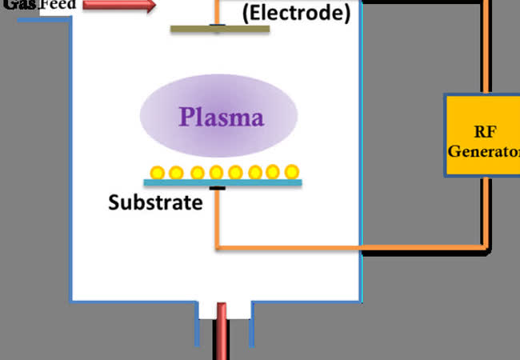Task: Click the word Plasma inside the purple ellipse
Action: tap(221, 118)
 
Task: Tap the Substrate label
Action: tap(155, 202)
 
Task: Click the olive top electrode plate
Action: tap(220, 30)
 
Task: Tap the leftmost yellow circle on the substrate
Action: tap(157, 172)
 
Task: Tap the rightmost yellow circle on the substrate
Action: tap(292, 171)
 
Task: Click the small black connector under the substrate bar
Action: tap(216, 189)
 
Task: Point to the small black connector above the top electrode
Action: tap(216, 24)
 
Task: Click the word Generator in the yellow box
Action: tap(482, 150)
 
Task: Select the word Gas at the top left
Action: tap(18, 5)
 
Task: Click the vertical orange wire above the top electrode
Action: tap(216, 10)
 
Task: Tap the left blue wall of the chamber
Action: tap(71, 160)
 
